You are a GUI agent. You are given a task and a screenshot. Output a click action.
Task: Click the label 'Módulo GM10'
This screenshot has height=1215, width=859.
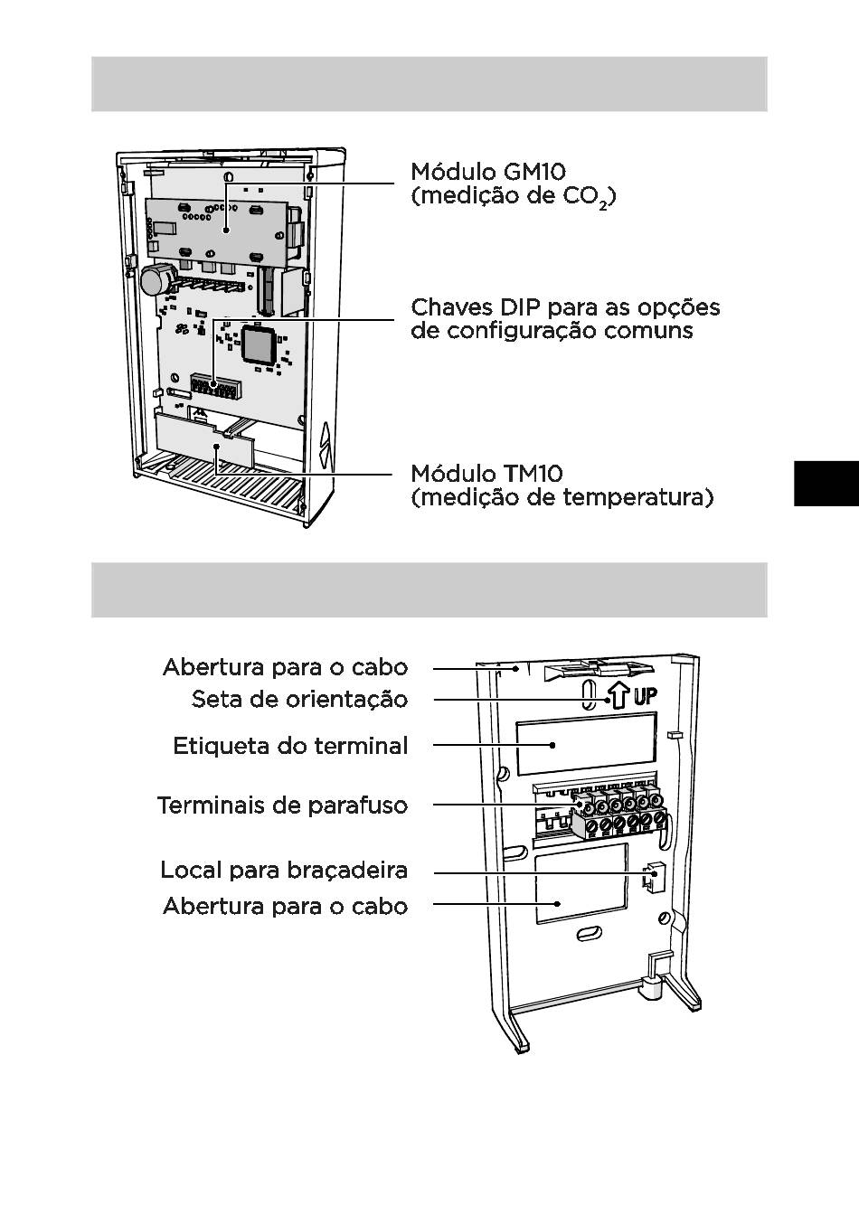pyautogui.click(x=488, y=172)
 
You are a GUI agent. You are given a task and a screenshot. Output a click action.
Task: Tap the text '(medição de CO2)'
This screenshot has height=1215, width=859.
pyautogui.click(x=513, y=196)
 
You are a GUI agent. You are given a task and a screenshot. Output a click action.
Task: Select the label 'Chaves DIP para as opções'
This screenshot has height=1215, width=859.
pyautogui.click(x=565, y=307)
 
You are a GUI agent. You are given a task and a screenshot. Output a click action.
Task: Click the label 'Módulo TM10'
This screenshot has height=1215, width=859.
pyautogui.click(x=486, y=474)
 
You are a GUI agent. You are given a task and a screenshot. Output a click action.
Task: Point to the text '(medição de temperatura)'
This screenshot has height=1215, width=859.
pyautogui.click(x=562, y=497)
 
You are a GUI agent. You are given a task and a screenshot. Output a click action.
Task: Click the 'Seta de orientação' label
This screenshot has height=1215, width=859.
pyautogui.click(x=299, y=699)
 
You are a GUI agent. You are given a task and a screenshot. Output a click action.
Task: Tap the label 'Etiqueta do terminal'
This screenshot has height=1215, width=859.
pyautogui.click(x=290, y=747)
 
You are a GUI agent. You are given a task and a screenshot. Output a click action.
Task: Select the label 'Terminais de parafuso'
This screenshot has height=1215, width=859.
pyautogui.click(x=282, y=805)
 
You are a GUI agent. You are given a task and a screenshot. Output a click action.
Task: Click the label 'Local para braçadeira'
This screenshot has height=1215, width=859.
pyautogui.click(x=284, y=871)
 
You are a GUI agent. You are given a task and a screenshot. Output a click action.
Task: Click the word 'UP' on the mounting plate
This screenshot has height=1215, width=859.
pyautogui.click(x=645, y=697)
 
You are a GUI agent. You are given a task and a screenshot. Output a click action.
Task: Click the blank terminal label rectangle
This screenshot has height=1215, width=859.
pyautogui.click(x=585, y=743)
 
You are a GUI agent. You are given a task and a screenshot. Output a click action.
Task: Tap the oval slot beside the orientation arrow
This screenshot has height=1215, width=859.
pyautogui.click(x=589, y=697)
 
